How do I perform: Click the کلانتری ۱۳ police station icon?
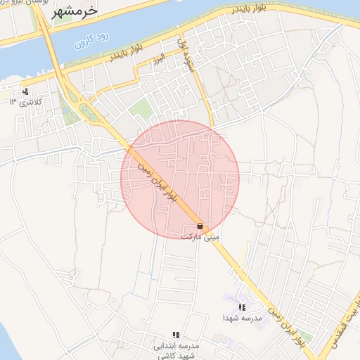pyautogui.click(x=25, y=91)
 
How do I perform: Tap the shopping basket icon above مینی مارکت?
pyautogui.click(x=201, y=226)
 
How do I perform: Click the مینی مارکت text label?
pyautogui.click(x=200, y=238)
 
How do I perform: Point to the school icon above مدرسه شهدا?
pyautogui.click(x=242, y=307)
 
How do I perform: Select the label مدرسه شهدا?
pyautogui.click(x=242, y=319)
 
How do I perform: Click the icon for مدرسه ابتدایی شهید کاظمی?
pyautogui.click(x=176, y=335)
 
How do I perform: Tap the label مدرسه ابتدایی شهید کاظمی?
pyautogui.click(x=176, y=351)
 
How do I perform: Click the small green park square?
pyautogui.click(x=141, y=109)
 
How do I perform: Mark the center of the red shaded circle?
pyautogui.click(x=180, y=179)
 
